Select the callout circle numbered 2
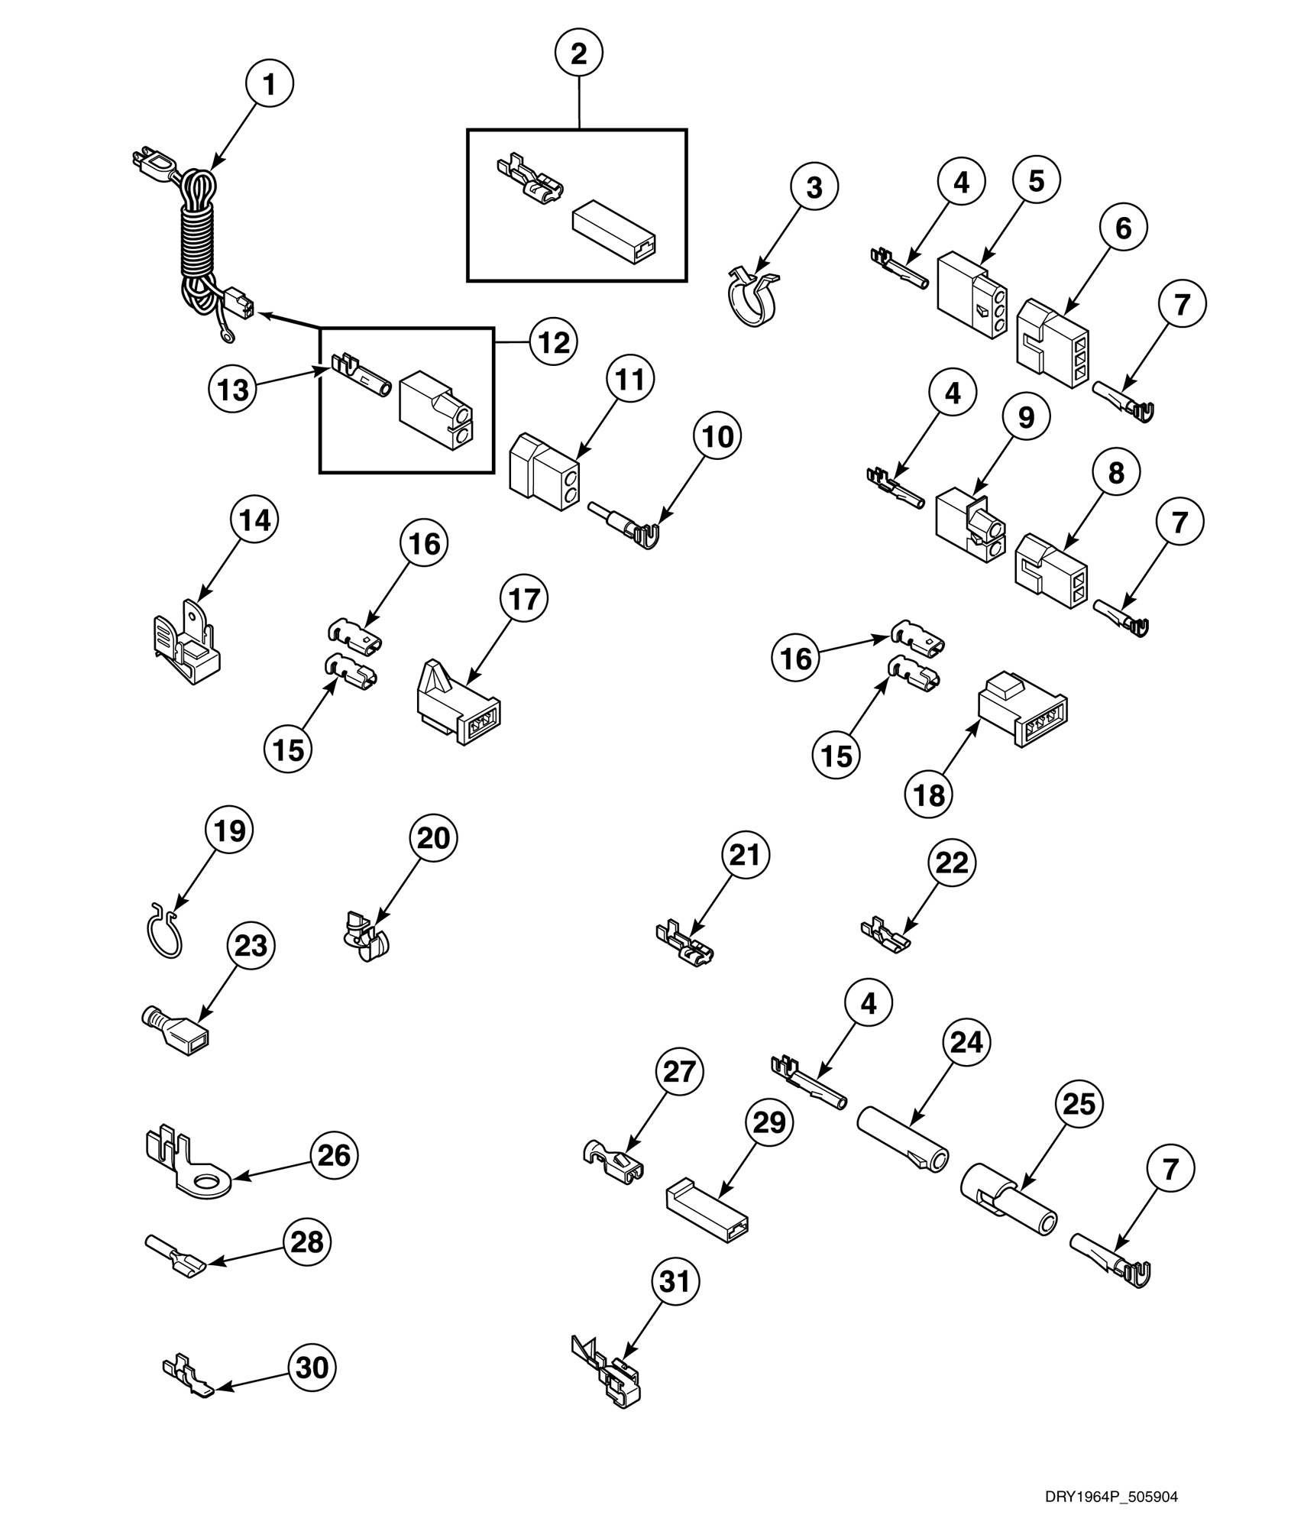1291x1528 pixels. point(578,53)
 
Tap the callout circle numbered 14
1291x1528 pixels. point(254,521)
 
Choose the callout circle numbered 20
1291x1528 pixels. point(434,838)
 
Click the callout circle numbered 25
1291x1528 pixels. point(1079,1104)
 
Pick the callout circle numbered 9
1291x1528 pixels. point(1025,417)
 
